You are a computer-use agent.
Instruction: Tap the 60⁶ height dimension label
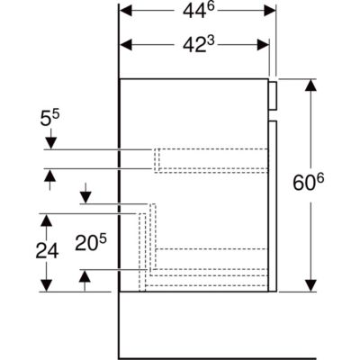pyautogui.click(x=309, y=182)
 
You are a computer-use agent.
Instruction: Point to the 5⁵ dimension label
pyautogui.click(x=50, y=118)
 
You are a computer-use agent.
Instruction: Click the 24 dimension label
pyautogui.click(x=47, y=250)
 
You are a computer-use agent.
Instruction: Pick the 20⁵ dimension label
pyautogui.click(x=91, y=242)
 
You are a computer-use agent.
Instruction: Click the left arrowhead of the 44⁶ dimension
pyautogui.click(x=126, y=11)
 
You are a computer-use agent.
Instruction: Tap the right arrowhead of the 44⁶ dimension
pyautogui.click(x=270, y=11)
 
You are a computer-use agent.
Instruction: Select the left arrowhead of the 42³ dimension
pyautogui.click(x=126, y=45)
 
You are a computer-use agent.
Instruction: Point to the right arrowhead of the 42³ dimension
pyautogui.click(x=263, y=45)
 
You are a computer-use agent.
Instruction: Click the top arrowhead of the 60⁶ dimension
pyautogui.click(x=310, y=85)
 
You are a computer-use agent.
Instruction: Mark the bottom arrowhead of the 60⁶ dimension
pyautogui.click(x=310, y=285)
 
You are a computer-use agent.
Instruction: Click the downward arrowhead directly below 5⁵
pyautogui.click(x=50, y=143)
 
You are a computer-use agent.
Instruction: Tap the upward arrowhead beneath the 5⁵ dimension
pyautogui.click(x=49, y=175)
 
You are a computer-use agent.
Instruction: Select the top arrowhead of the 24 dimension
pyautogui.click(x=47, y=220)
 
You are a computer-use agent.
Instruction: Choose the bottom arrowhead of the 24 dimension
pyautogui.click(x=47, y=285)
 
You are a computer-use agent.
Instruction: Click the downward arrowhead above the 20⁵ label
pyautogui.click(x=85, y=198)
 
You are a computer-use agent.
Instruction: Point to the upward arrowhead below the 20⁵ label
pyautogui.click(x=85, y=275)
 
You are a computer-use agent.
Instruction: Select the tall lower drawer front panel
pyautogui.click(x=273, y=206)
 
